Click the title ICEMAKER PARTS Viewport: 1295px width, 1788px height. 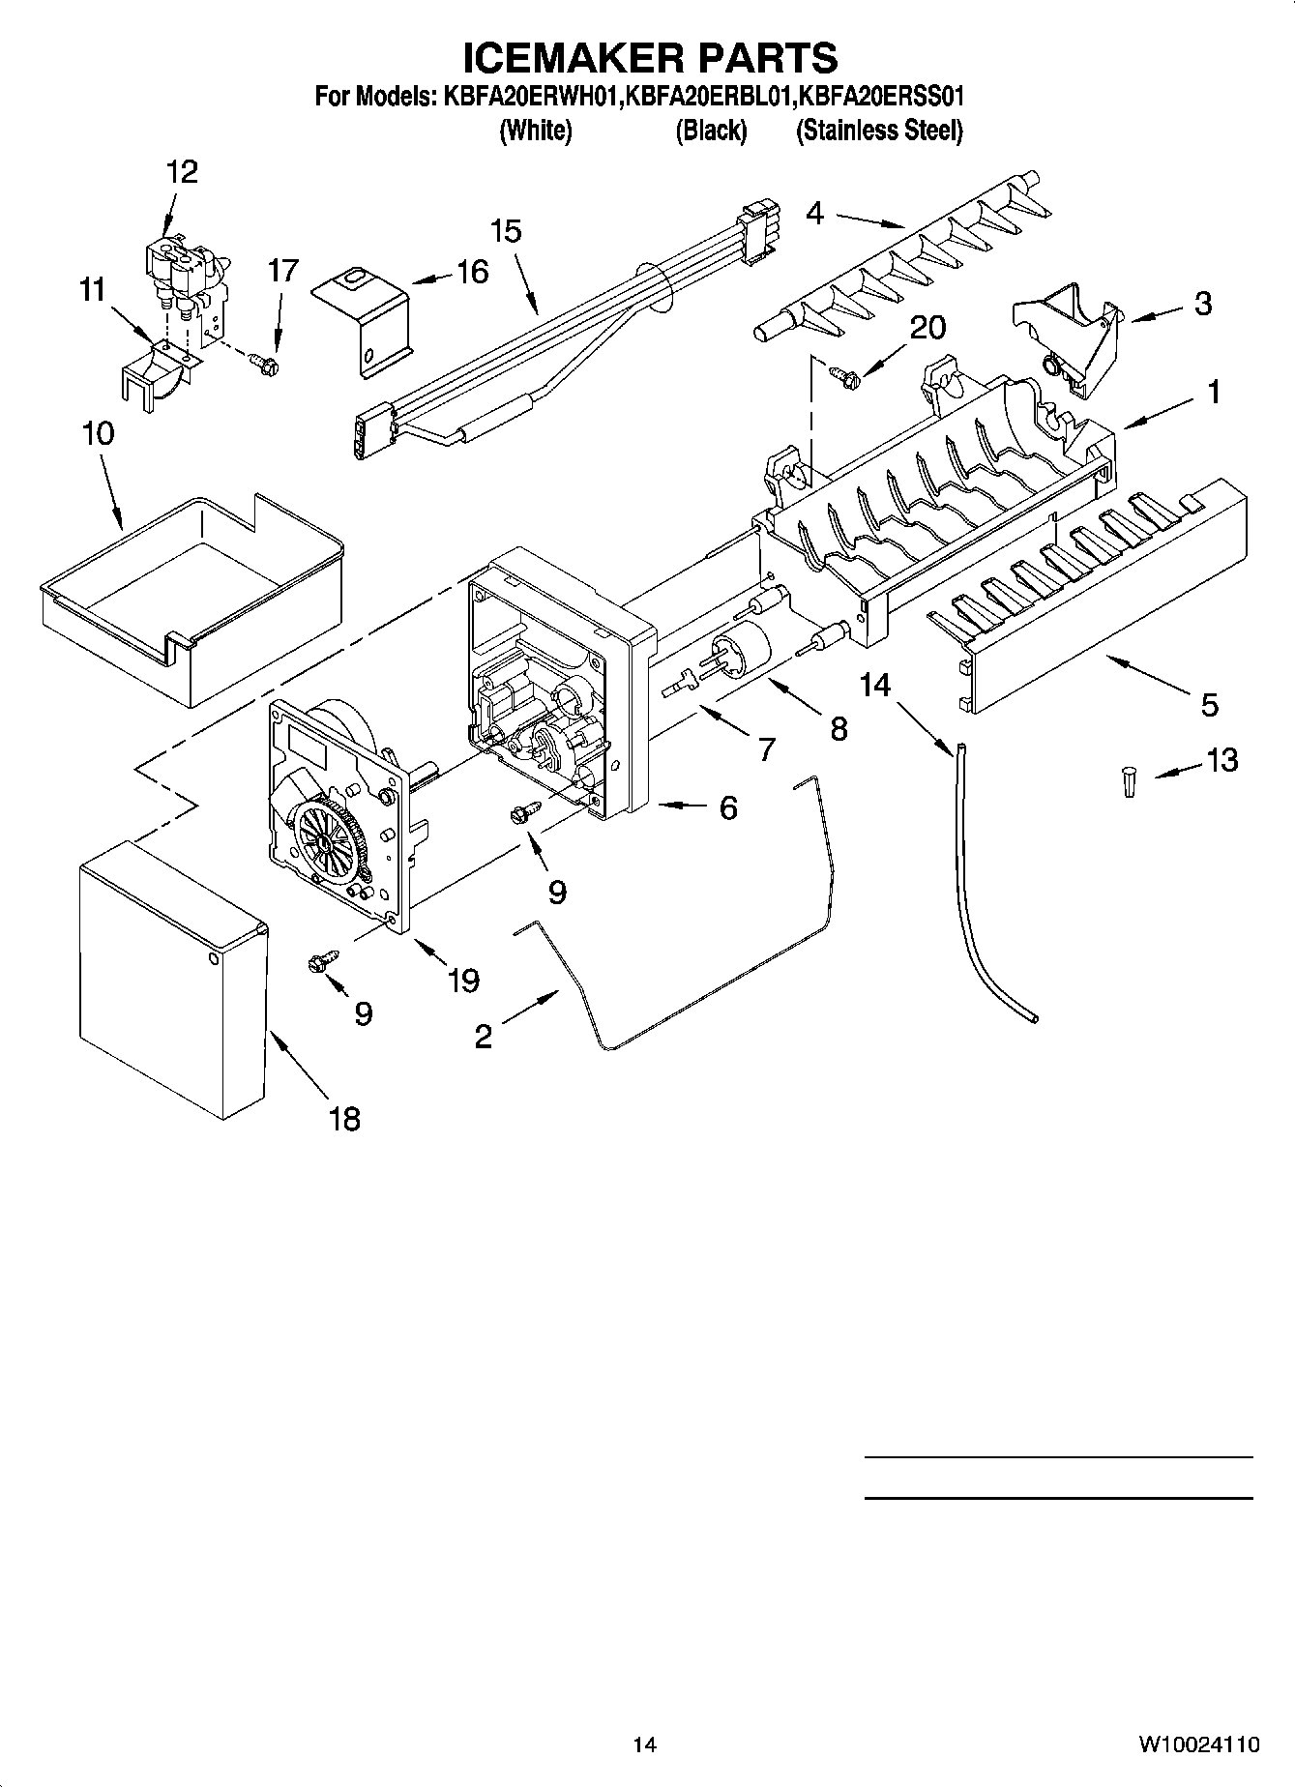(x=649, y=57)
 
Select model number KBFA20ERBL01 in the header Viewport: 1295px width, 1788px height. (x=710, y=97)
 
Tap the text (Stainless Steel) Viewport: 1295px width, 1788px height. (x=878, y=131)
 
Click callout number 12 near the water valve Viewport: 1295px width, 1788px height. (x=182, y=172)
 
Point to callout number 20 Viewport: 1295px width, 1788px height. (x=926, y=328)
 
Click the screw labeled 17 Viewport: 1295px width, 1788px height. (x=263, y=363)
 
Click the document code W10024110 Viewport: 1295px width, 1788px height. (x=1198, y=1744)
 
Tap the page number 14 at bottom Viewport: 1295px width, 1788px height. (x=645, y=1744)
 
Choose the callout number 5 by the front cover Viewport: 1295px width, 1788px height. (x=1209, y=705)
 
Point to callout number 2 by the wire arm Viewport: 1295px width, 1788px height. (x=483, y=1037)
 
